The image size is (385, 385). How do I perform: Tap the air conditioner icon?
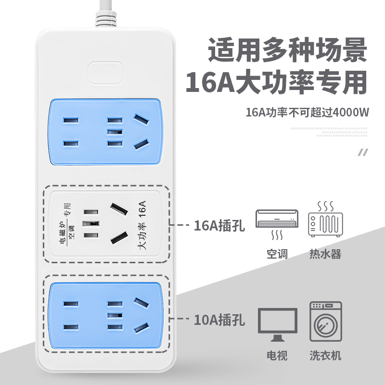(x=277, y=222)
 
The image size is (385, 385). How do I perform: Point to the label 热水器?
(x=325, y=254)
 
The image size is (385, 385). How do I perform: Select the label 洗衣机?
(x=325, y=356)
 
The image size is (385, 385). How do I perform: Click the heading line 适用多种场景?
(x=287, y=50)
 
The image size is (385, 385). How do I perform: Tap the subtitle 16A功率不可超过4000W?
(x=307, y=114)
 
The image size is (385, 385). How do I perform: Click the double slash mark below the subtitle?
(x=362, y=153)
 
